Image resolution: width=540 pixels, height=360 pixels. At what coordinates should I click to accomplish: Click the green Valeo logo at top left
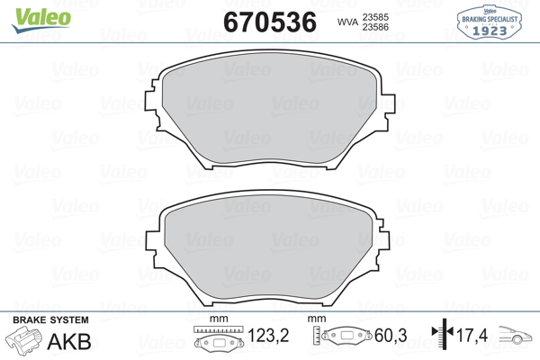coord(41,20)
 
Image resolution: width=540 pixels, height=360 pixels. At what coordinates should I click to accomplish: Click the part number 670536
coord(270,22)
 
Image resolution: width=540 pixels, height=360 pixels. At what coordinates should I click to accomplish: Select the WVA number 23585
coord(375,17)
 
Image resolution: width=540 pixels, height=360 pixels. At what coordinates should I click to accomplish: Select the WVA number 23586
coord(375,27)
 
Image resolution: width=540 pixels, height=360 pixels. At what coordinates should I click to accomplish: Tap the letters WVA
coord(347,22)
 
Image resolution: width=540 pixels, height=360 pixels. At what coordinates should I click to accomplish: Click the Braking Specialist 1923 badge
coord(490,22)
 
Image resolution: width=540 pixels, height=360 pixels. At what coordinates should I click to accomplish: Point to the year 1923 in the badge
coord(490,31)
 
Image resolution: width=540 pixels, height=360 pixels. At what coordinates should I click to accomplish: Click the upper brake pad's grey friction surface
coord(269,107)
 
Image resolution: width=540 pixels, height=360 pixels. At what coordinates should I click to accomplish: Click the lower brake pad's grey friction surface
coord(268,246)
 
